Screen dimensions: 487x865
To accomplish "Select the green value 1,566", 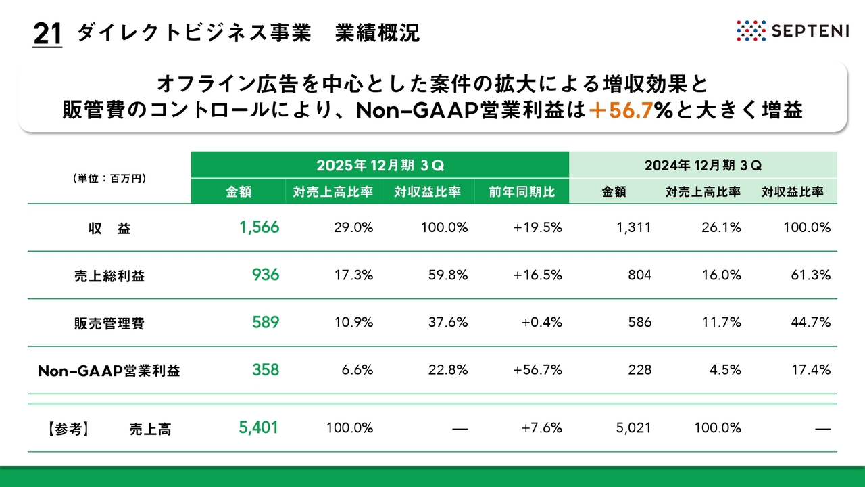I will [259, 228].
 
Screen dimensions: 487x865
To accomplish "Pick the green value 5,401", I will [258, 427].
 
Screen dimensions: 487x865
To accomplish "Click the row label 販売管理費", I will [109, 323].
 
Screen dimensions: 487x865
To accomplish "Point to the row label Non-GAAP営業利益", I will [109, 371].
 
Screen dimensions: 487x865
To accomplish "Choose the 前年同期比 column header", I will [522, 192].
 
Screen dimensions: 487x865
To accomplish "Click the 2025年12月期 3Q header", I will [380, 165].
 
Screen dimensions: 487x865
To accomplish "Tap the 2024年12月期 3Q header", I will [703, 165].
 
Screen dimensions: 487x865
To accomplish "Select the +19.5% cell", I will [537, 228].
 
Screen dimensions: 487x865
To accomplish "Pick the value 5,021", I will [633, 427].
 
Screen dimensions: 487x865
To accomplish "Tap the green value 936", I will [265, 275].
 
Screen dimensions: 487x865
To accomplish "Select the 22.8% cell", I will [447, 370].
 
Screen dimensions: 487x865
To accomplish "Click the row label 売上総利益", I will [109, 276].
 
